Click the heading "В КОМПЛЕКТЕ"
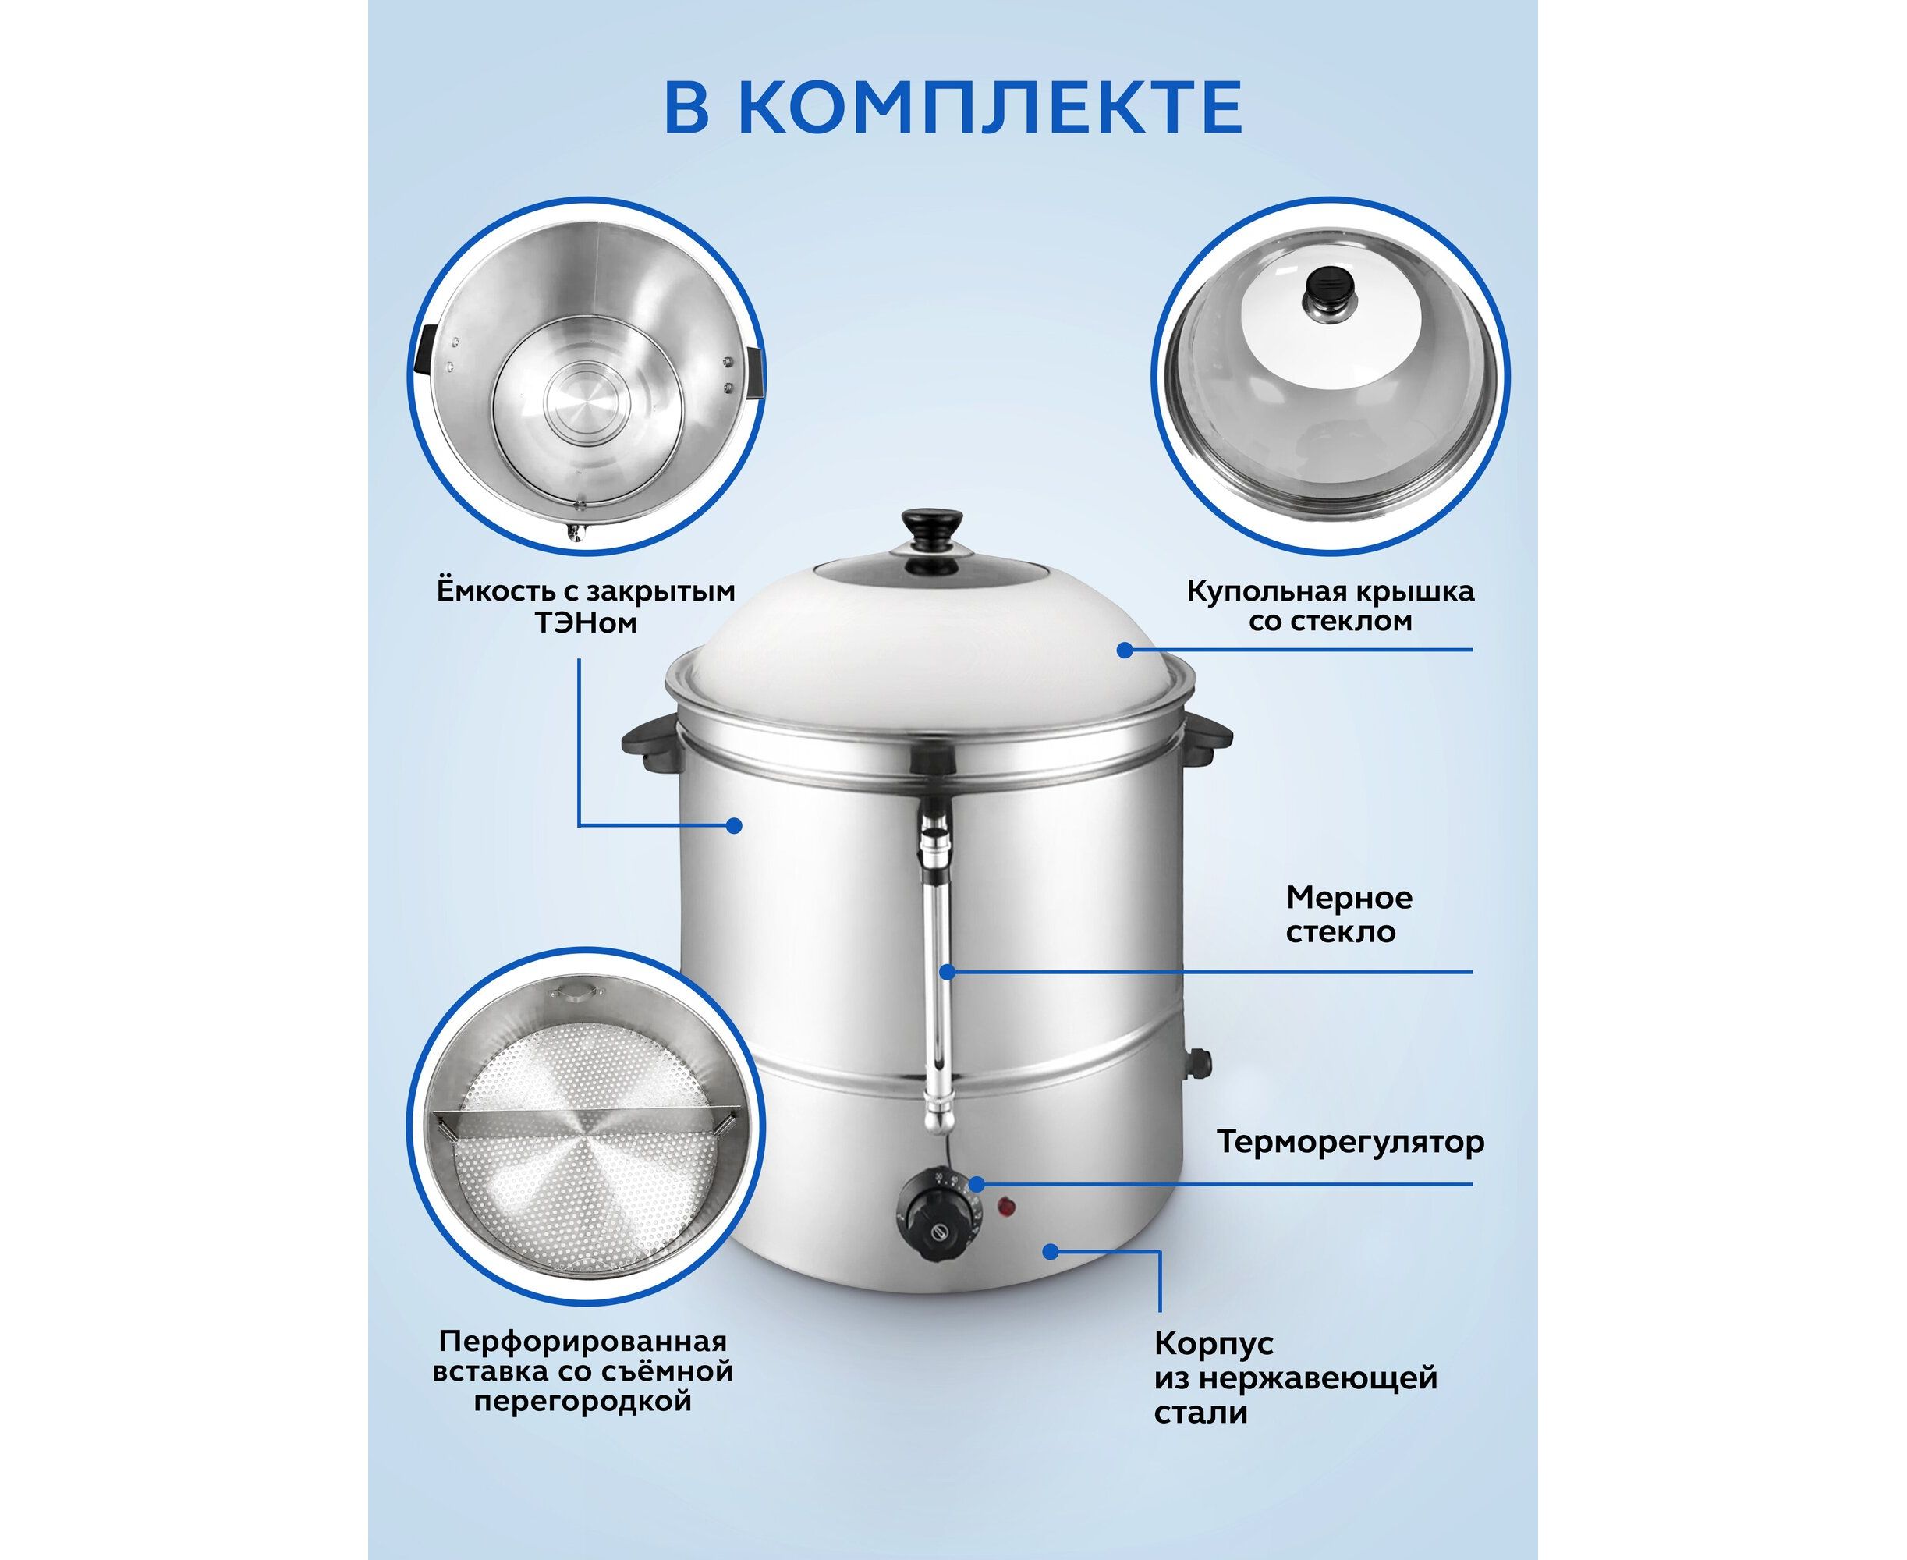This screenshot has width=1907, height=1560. pyautogui.click(x=952, y=106)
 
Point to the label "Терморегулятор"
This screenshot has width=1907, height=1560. pyautogui.click(x=1351, y=1143)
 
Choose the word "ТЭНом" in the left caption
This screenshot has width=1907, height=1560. pyautogui.click(x=586, y=622)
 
